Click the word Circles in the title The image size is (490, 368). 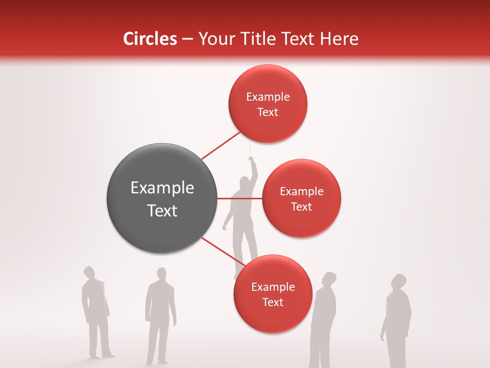[150, 39]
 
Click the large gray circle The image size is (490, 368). [162, 198]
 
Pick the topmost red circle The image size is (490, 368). [267, 104]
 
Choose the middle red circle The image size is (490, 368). [301, 198]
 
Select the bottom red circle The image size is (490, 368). [273, 294]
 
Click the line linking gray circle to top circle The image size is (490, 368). [220, 146]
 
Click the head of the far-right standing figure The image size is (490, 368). [399, 282]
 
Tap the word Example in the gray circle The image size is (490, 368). [162, 188]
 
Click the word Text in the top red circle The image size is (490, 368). [267, 112]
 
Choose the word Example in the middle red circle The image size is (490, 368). [301, 191]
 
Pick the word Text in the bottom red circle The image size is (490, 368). [273, 302]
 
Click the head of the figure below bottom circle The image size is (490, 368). [329, 279]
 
